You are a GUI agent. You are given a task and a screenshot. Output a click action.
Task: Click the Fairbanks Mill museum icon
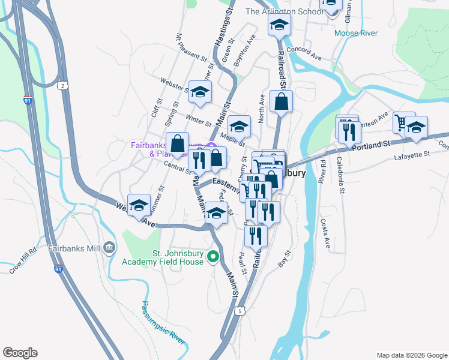coord(109,247)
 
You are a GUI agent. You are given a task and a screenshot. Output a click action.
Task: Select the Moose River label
coord(356,33)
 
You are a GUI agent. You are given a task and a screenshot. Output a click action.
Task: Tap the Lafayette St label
coord(412,154)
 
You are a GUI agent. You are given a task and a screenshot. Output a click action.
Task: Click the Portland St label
coord(371,146)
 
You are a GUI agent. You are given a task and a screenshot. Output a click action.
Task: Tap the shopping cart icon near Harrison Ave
coord(401,122)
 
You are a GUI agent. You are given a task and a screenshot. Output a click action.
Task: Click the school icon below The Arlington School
coord(279,25)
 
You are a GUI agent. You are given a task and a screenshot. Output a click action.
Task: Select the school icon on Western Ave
coord(139,205)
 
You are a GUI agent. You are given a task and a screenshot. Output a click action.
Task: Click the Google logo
coord(20,353)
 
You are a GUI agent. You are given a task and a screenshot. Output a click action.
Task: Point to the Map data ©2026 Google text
coord(411,355)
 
